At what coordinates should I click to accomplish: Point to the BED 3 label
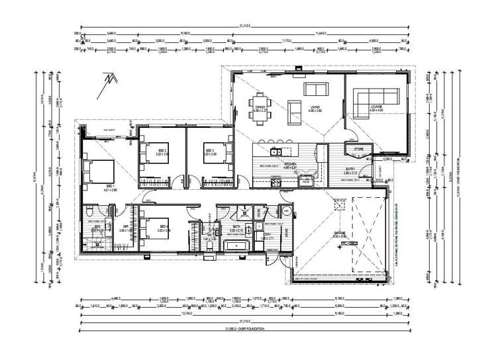coord(209,152)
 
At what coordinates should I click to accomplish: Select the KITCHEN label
coord(289,165)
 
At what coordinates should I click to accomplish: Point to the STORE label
coord(360,150)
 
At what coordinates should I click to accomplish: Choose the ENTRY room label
coord(352,169)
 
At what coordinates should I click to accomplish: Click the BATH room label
coord(237,227)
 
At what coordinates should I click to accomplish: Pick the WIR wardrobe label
coord(125,227)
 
